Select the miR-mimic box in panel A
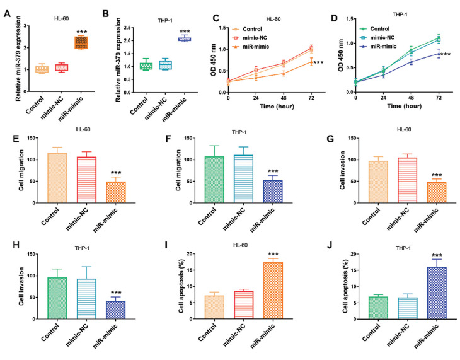[x=82, y=42]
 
